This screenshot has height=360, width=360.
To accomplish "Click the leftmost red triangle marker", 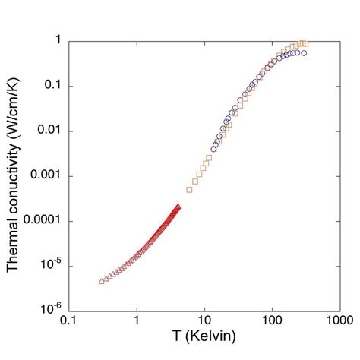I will (x=102, y=281).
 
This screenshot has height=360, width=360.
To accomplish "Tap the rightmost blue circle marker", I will (x=304, y=53).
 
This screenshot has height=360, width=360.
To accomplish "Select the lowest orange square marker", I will (x=189, y=189).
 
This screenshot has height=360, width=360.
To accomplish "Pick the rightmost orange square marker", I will (x=305, y=43).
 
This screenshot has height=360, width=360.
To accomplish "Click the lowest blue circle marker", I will (x=213, y=149).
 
